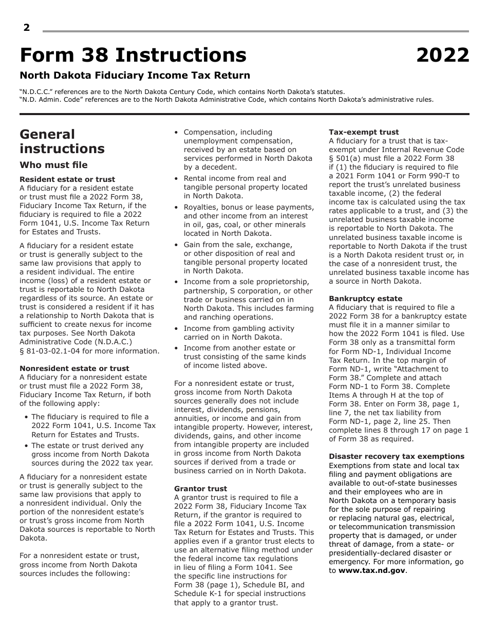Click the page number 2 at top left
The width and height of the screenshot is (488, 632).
coord(27,28)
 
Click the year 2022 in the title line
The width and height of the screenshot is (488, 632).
coord(442,55)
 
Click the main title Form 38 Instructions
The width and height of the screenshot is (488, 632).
coord(133,55)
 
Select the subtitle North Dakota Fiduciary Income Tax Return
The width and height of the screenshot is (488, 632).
coord(135,76)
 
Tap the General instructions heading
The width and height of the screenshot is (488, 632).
coord(62,141)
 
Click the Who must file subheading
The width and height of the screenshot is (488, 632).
coord(53,165)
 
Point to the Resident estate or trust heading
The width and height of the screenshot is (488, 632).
coord(67,179)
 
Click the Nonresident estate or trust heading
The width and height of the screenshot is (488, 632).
coord(74,368)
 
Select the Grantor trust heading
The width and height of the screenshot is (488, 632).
coord(200,489)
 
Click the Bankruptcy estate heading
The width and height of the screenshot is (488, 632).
coord(365,299)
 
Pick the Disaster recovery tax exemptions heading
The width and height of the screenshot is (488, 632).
coord(396,456)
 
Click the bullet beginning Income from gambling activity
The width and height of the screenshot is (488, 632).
coord(239,332)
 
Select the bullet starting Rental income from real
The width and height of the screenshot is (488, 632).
coord(245,187)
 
